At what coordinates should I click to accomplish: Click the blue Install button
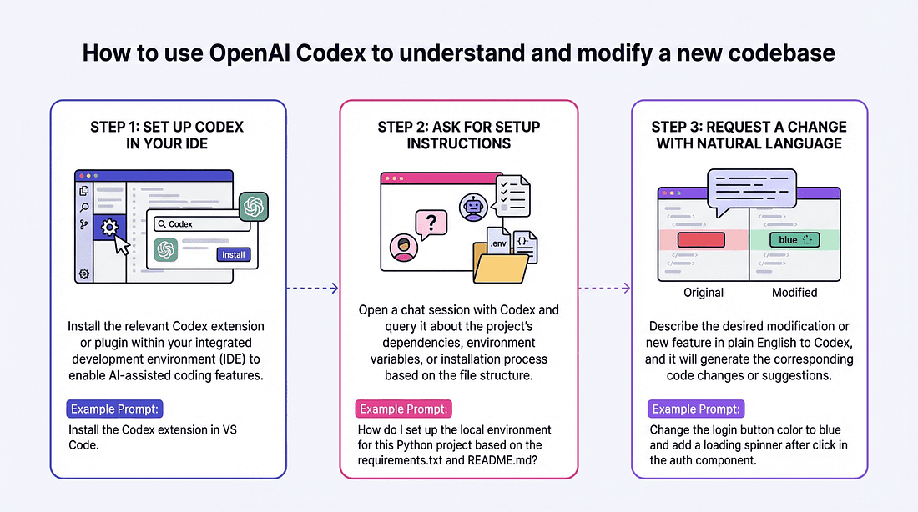pyautogui.click(x=233, y=254)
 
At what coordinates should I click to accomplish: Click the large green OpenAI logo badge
pyautogui.click(x=253, y=207)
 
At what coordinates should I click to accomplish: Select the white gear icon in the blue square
pyautogui.click(x=108, y=227)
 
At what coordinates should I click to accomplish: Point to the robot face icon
pyautogui.click(x=472, y=208)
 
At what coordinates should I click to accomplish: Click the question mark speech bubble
pyautogui.click(x=431, y=223)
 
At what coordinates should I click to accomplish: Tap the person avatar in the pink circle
pyautogui.click(x=404, y=249)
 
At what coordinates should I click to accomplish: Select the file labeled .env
pyautogui.click(x=498, y=243)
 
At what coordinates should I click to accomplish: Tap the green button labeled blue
pyautogui.click(x=794, y=240)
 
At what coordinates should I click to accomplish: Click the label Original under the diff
pyautogui.click(x=703, y=293)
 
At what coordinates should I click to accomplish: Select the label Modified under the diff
pyautogui.click(x=794, y=293)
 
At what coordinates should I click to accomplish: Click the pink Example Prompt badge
pyautogui.click(x=405, y=409)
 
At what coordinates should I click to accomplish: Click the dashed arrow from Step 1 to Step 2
pyautogui.click(x=312, y=289)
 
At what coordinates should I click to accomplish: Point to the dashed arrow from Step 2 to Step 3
pyautogui.click(x=604, y=289)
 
